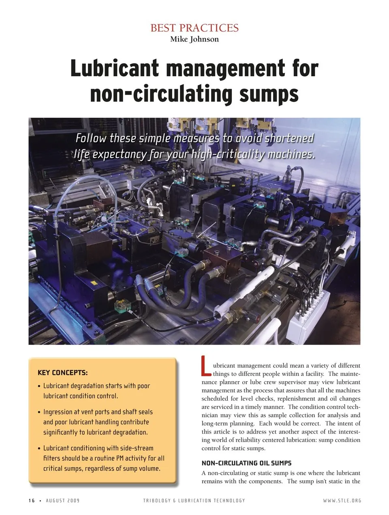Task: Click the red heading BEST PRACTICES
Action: pos(194,28)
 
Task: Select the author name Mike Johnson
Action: pos(194,39)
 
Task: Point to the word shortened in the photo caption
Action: pos(289,139)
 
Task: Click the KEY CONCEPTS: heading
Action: pos(62,373)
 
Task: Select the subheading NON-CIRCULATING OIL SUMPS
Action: pos(246,463)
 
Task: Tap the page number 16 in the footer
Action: pos(32,500)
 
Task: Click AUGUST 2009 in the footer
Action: pos(63,500)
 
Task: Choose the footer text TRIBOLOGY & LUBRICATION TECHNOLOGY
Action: pos(194,500)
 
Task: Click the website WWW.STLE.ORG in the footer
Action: pos(342,500)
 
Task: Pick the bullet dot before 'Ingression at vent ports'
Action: pos(39,412)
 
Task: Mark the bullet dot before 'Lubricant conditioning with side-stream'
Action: pos(39,449)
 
